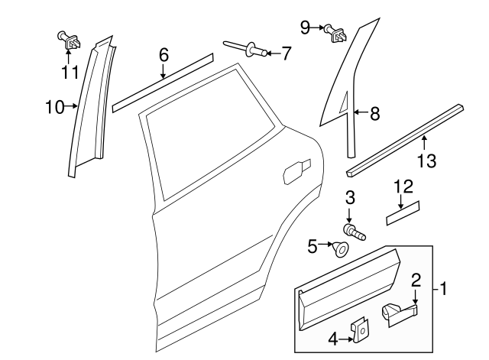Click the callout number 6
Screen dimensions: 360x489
163,55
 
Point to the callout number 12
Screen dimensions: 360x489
402,186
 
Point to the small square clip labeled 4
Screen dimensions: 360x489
358,329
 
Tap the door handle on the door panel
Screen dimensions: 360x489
296,171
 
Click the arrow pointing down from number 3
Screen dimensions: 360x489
350,213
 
